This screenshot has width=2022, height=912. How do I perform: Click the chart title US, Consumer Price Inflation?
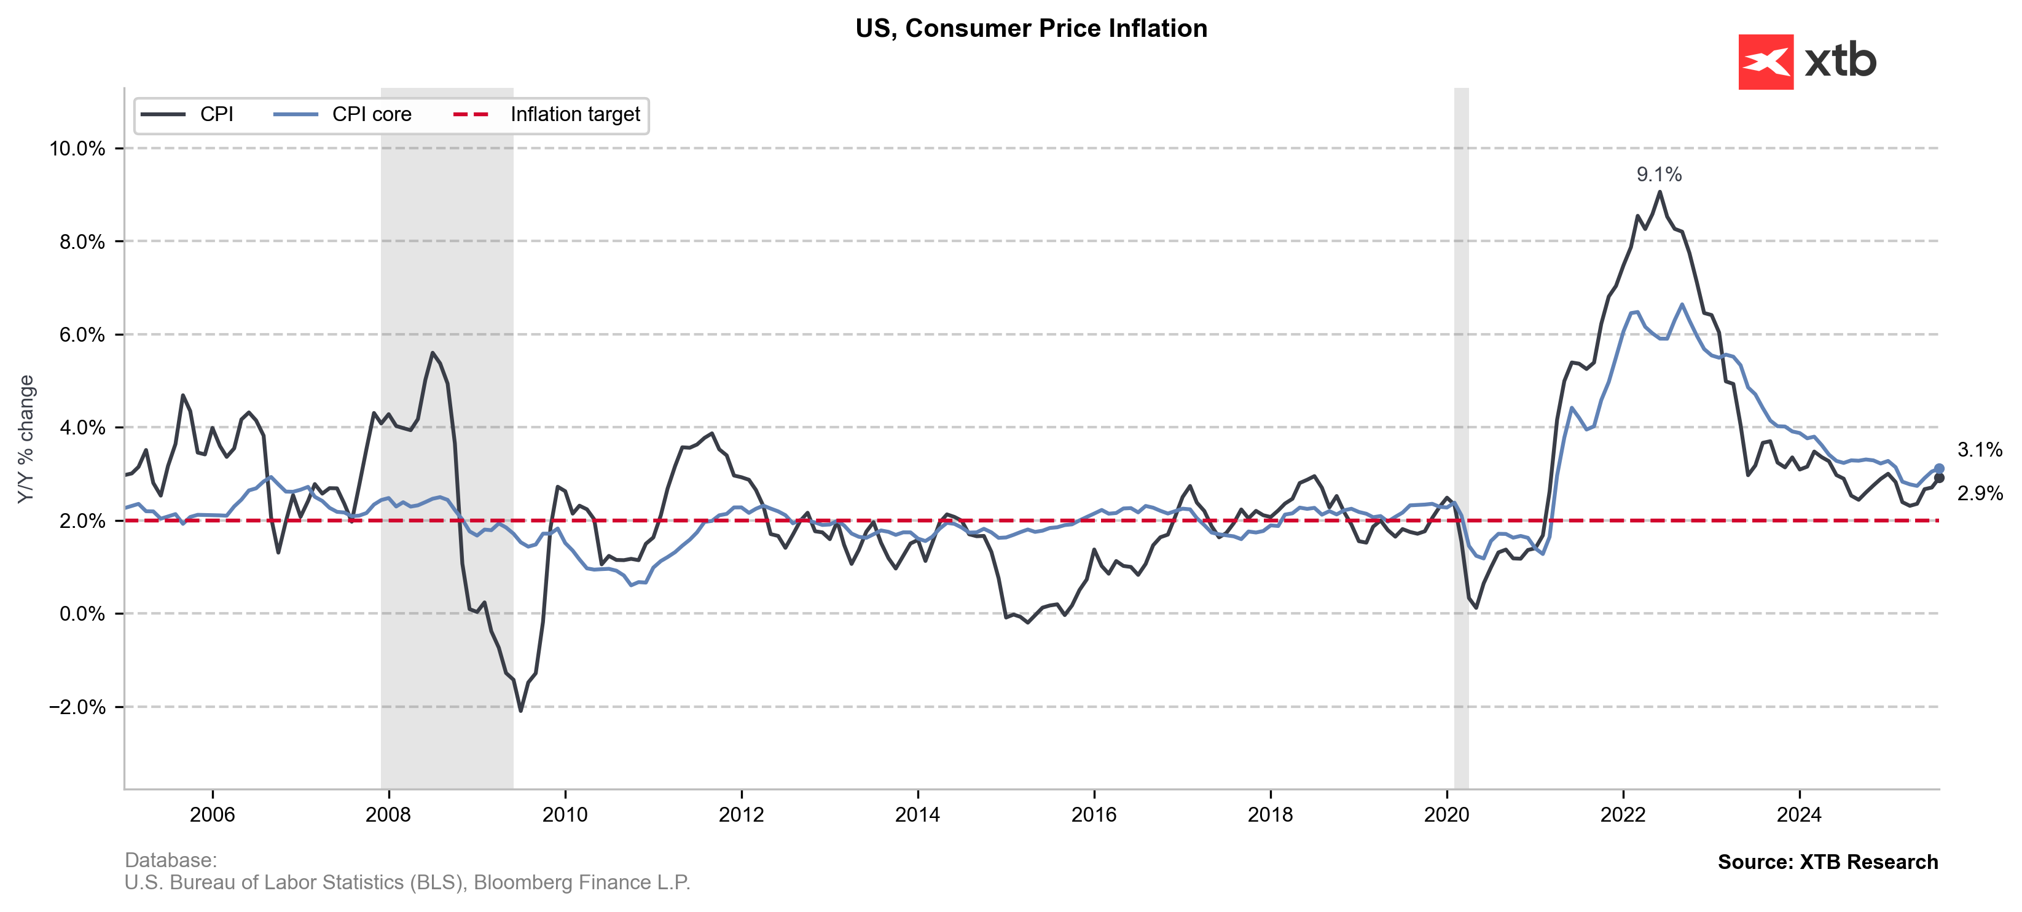1030,28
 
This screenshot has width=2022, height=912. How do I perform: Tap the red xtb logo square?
1765,62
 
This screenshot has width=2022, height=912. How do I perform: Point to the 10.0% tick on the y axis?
77,148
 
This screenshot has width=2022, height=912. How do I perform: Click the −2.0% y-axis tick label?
77,707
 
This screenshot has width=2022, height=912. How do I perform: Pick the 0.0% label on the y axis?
82,614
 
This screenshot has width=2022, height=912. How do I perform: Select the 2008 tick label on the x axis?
388,815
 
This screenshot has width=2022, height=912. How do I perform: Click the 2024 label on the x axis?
1798,815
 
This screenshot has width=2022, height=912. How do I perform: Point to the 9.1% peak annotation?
1658,175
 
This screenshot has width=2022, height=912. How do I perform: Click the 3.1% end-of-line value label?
1980,450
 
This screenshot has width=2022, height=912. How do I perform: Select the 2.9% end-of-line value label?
1980,493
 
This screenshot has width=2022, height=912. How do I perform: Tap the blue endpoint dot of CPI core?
1939,468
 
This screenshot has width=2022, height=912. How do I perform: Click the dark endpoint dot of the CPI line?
1939,478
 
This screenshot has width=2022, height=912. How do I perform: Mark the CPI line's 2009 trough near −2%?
520,710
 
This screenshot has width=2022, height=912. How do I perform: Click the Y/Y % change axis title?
26,439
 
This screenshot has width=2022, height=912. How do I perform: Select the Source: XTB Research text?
1827,862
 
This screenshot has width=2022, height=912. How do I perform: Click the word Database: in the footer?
170,860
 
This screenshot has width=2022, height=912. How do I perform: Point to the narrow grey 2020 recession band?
1461,393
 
